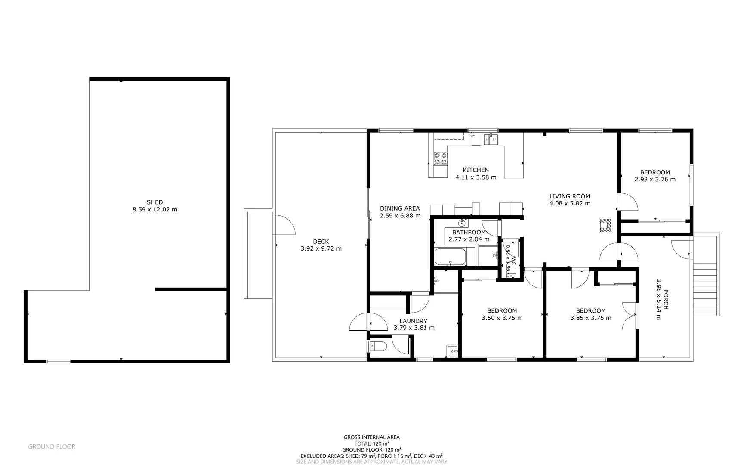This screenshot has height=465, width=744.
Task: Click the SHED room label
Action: [154, 202]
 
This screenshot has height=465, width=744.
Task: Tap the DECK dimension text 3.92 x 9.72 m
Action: [321, 249]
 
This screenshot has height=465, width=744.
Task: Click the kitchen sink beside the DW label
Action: [490, 139]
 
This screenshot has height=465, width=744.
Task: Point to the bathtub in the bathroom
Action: [450, 257]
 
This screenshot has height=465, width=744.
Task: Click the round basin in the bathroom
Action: [462, 223]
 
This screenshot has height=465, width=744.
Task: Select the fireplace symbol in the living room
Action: [605, 225]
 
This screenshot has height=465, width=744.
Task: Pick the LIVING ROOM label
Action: [569, 196]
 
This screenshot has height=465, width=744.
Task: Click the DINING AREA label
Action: [400, 208]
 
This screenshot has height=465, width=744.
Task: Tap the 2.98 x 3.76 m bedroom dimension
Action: [655, 180]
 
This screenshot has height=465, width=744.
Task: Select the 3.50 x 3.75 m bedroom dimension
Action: [502, 318]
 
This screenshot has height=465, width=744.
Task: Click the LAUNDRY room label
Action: [413, 321]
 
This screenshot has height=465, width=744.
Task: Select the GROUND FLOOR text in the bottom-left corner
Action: [52, 447]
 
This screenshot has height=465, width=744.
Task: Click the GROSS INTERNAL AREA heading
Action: [371, 437]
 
